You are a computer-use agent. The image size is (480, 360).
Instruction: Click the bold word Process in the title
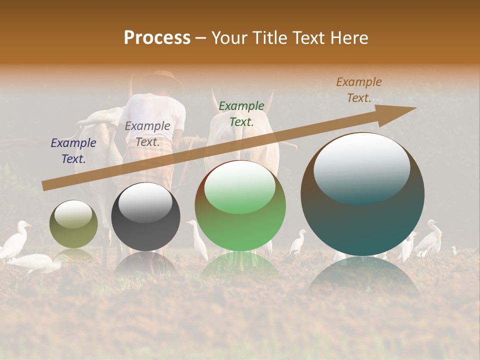tap(157, 38)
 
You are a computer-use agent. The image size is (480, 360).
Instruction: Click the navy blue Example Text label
tap(73, 151)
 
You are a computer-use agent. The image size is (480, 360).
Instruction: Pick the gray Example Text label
tap(147, 134)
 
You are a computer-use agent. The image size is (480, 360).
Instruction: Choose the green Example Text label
tap(241, 113)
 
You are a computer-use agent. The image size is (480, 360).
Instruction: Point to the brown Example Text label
tap(359, 90)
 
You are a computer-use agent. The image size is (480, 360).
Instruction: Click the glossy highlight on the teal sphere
tap(361, 167)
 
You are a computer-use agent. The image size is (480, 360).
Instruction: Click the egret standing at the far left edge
tap(15, 240)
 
